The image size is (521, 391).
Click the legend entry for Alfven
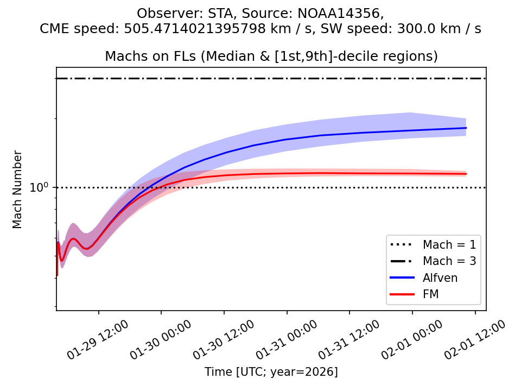click(x=440, y=278)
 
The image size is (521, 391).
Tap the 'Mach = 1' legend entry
click(x=449, y=244)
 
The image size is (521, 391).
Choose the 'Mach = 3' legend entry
click(x=449, y=261)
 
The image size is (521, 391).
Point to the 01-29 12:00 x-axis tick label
click(x=98, y=340)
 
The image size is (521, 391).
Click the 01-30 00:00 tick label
click(x=161, y=340)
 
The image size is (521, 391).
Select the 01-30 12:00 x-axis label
click(x=224, y=340)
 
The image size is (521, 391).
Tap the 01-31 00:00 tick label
click(x=287, y=340)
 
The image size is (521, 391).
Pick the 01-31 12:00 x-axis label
click(x=349, y=340)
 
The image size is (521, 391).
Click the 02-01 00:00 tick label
click(x=412, y=340)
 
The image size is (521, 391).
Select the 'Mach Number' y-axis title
click(x=18, y=189)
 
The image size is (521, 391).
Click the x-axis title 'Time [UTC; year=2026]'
click(x=271, y=372)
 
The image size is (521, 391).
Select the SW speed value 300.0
click(x=420, y=29)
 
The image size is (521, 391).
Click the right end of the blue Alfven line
click(x=466, y=128)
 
